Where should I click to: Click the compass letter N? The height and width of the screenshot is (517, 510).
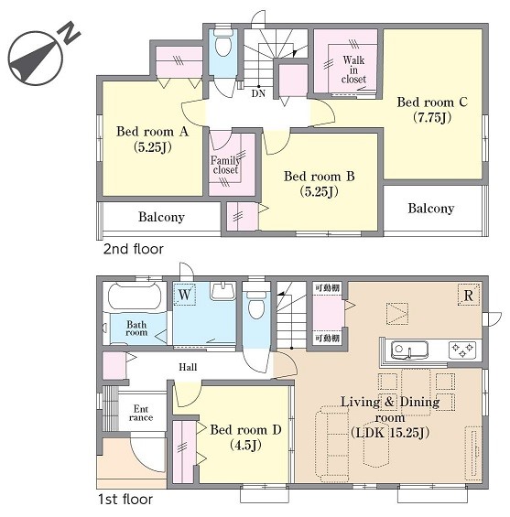click(70, 32)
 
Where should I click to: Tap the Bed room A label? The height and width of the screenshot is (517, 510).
click(152, 132)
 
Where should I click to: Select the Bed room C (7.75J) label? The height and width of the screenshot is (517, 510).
click(432, 110)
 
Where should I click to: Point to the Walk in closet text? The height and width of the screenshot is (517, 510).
click(353, 70)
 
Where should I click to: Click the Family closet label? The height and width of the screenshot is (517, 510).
click(225, 165)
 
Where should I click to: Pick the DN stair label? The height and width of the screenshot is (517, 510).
click(258, 93)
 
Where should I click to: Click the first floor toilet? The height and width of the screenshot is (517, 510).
click(256, 305)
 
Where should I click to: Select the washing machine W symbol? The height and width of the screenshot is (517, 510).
click(184, 294)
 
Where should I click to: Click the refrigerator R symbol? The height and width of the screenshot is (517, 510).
click(469, 296)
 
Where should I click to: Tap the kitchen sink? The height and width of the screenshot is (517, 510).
click(409, 350)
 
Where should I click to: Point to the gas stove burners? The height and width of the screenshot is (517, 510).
click(462, 350)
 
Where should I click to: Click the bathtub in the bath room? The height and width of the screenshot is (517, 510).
click(135, 296)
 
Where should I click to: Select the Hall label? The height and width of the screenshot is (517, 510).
click(188, 367)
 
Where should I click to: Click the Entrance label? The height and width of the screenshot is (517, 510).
click(141, 413)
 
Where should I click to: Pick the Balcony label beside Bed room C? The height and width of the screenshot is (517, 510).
click(431, 209)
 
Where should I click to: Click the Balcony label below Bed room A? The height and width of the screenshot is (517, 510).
click(161, 217)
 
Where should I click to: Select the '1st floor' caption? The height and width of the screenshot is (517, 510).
click(125, 500)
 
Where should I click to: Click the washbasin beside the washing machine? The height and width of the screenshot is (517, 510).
click(223, 290)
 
